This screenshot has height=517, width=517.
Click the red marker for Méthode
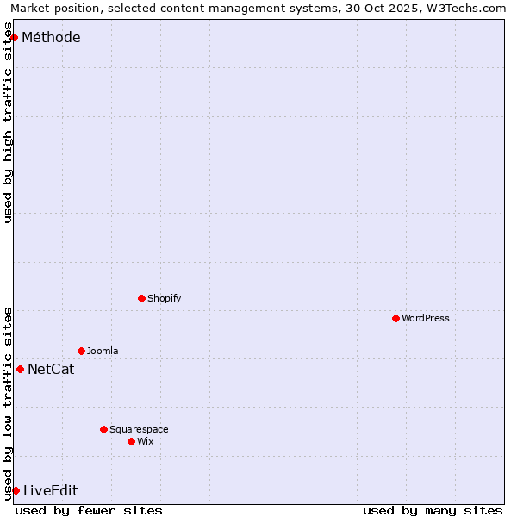tap(14, 37)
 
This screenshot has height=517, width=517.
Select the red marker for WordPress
tap(396, 318)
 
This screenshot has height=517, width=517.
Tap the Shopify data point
tap(141, 298)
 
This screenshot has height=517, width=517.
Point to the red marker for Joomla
tap(81, 351)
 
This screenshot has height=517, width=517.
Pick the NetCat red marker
tap(20, 369)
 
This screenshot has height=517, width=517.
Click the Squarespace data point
tap(103, 429)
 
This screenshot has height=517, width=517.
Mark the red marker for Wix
tap(131, 441)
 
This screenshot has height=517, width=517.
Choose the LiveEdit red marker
tap(16, 490)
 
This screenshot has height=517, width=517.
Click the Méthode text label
tap(51, 37)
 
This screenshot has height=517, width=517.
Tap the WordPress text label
tap(426, 318)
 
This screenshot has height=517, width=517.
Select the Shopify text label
tap(164, 298)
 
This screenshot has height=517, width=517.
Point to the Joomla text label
tap(103, 351)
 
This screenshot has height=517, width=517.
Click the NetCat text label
tap(51, 370)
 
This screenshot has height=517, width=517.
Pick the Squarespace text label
tap(139, 429)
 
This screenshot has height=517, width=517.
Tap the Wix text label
tap(145, 441)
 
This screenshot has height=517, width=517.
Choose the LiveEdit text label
tap(50, 491)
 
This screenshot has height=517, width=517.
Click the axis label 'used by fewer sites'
tap(89, 510)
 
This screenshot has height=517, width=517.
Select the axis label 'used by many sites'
tap(433, 510)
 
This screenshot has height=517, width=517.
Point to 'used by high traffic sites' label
tap(9, 123)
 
